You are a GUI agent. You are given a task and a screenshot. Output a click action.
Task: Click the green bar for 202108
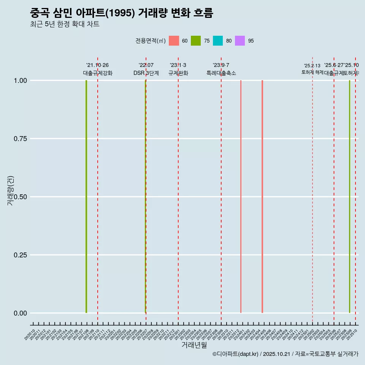[x=86, y=197]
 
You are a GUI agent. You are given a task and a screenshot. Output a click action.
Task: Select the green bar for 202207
[x=146, y=197]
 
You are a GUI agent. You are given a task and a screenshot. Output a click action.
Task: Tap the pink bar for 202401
[x=241, y=197]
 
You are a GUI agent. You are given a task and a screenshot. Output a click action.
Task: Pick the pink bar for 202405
[x=262, y=197]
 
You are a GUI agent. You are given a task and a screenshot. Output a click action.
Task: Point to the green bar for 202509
[x=349, y=197]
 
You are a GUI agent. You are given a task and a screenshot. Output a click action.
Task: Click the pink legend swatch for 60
[x=174, y=41]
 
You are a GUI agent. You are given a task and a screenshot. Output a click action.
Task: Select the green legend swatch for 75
[x=196, y=41]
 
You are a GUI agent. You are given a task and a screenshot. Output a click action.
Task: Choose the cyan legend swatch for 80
[x=218, y=41]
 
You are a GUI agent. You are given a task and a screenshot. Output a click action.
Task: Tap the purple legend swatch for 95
[x=240, y=41]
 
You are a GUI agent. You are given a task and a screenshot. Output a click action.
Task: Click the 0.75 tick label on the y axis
[x=20, y=139]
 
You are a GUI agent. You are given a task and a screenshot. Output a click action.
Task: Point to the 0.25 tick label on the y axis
[x=20, y=255]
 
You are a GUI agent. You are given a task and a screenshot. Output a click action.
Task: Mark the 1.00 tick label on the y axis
[x=20, y=81]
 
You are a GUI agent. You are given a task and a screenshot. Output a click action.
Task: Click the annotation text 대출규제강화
[x=98, y=73]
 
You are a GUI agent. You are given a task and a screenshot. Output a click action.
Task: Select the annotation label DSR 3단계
[x=146, y=73]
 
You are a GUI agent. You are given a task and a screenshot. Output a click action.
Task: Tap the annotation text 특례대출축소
[x=221, y=73]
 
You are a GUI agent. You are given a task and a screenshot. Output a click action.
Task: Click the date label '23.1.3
[x=178, y=65]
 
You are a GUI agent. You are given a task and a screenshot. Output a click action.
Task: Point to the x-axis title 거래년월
[x=194, y=345]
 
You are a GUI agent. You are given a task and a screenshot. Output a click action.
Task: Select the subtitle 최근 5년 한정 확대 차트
[x=65, y=24]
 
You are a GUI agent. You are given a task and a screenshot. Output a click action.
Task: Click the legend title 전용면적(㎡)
[x=150, y=41]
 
